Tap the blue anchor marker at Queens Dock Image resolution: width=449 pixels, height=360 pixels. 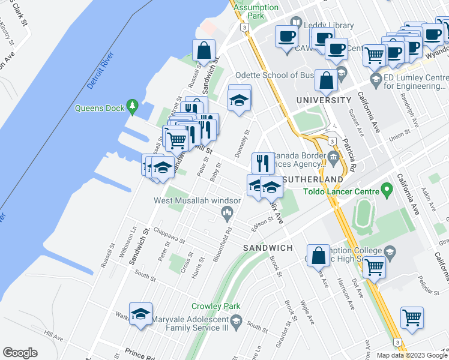click(133, 109)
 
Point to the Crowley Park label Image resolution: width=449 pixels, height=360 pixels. click(211, 306)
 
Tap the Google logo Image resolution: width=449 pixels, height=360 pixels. click(20, 353)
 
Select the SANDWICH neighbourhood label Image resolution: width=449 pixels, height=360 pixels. click(267, 248)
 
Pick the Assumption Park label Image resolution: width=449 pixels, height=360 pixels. click(256, 11)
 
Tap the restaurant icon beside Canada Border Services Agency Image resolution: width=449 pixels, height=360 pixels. click(262, 163)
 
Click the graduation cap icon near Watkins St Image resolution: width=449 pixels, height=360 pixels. click(140, 314)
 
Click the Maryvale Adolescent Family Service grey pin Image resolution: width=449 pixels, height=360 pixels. click(236, 322)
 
